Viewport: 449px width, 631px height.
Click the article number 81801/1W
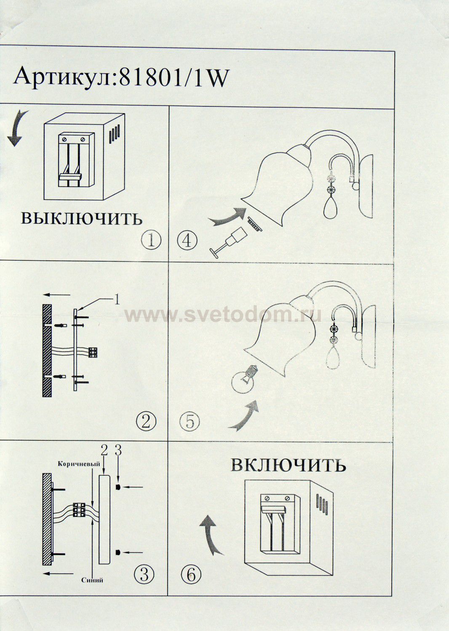coord(173,78)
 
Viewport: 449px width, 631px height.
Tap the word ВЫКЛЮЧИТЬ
coord(82,218)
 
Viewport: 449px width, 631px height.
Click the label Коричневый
coord(79,464)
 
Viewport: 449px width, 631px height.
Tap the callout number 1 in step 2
coord(117,300)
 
